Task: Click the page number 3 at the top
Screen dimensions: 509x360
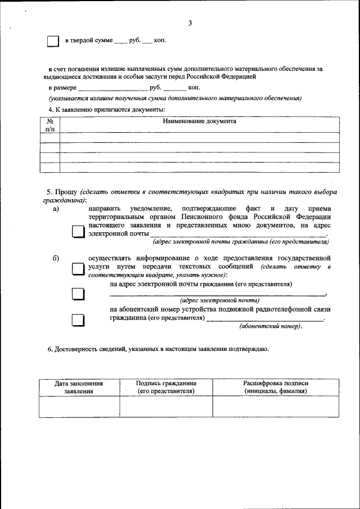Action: point(190,23)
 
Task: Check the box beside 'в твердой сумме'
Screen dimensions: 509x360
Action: point(52,42)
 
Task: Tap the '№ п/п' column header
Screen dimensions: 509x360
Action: point(49,125)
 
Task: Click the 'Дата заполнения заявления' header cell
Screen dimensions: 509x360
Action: point(79,387)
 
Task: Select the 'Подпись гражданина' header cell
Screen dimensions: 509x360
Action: point(166,387)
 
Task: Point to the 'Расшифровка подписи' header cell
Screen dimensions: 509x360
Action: point(276,387)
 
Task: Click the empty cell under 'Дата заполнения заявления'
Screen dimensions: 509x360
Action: point(79,407)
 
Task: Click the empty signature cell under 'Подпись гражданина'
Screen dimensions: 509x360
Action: point(166,407)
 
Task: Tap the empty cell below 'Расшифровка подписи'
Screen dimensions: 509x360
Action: point(276,407)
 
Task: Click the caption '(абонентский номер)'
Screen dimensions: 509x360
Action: point(271,326)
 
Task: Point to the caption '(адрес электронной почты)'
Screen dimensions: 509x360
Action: point(219,300)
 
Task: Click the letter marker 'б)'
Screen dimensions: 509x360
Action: point(56,258)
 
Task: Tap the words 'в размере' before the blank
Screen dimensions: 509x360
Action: point(62,88)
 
